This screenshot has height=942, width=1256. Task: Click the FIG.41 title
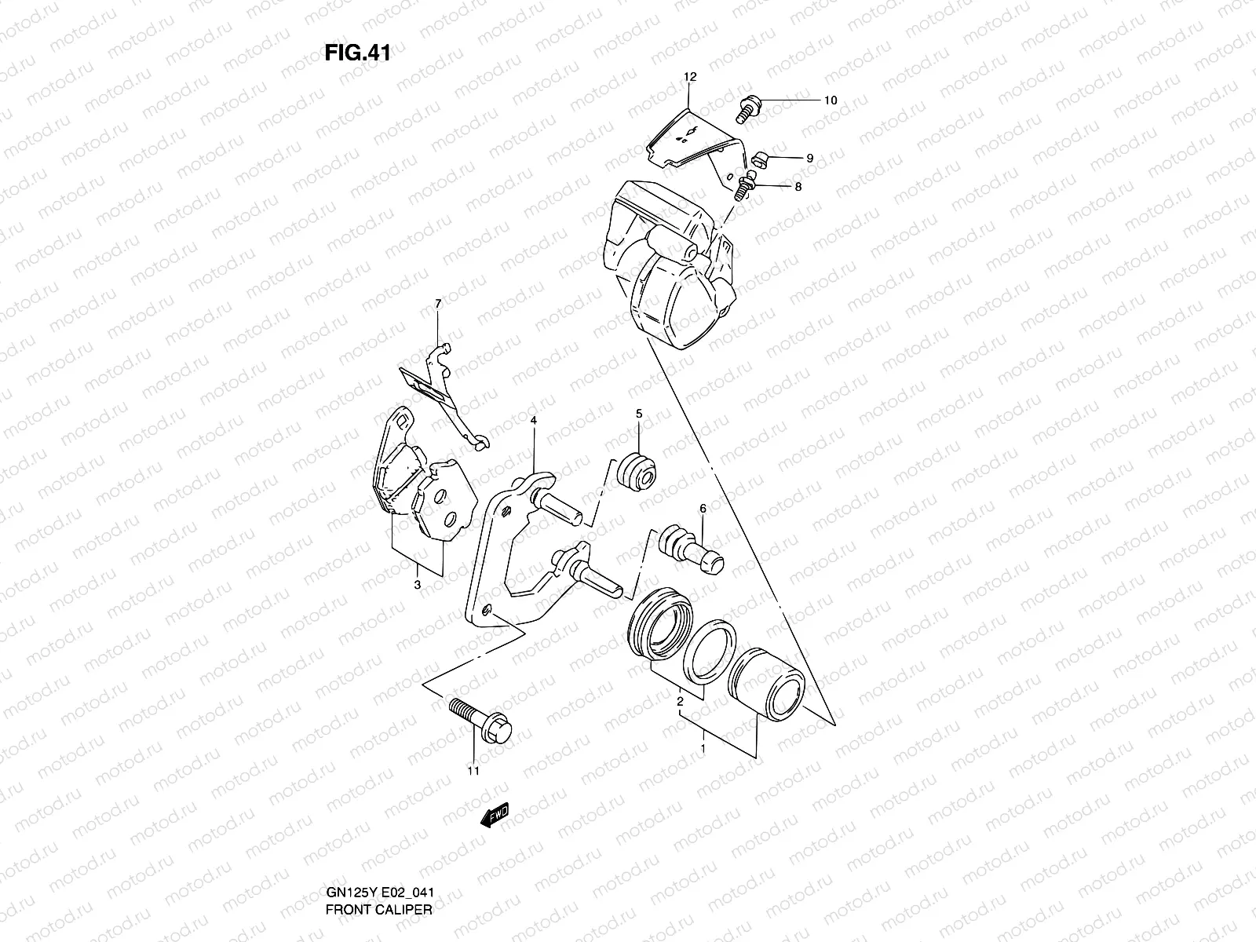[357, 53]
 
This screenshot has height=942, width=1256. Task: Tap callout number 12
[690, 77]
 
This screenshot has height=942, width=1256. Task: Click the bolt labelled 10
[746, 108]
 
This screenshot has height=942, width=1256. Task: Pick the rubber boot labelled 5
[638, 471]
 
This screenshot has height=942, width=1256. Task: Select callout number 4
[533, 422]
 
